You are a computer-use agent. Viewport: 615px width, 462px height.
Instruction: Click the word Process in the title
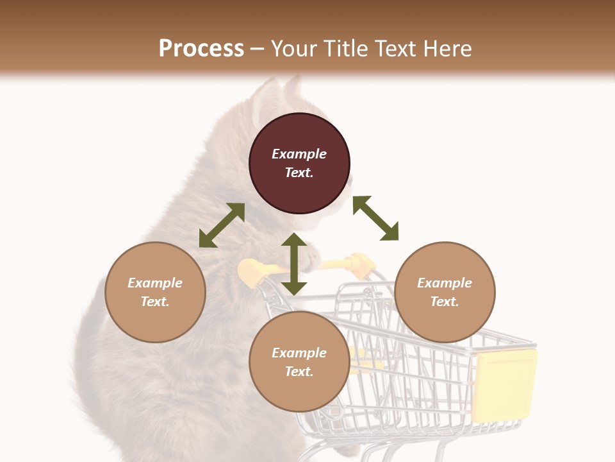(x=201, y=49)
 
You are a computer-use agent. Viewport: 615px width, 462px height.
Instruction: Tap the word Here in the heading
(x=446, y=49)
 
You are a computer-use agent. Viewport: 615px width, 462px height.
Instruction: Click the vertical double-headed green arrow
(x=294, y=264)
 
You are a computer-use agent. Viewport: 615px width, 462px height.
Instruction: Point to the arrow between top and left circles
(x=222, y=225)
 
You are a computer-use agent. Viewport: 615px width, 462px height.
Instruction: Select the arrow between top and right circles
(x=375, y=218)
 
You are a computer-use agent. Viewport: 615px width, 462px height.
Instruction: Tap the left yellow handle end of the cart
(x=250, y=271)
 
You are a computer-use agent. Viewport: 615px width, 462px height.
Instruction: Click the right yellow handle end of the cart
(x=361, y=263)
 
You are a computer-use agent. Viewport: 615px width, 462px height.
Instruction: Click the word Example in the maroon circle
(x=299, y=154)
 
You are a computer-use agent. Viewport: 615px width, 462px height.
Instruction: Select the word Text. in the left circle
(x=155, y=302)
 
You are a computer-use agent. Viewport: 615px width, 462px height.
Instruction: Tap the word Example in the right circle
(x=445, y=283)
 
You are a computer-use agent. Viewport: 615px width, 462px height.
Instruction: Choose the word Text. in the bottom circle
(x=299, y=372)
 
